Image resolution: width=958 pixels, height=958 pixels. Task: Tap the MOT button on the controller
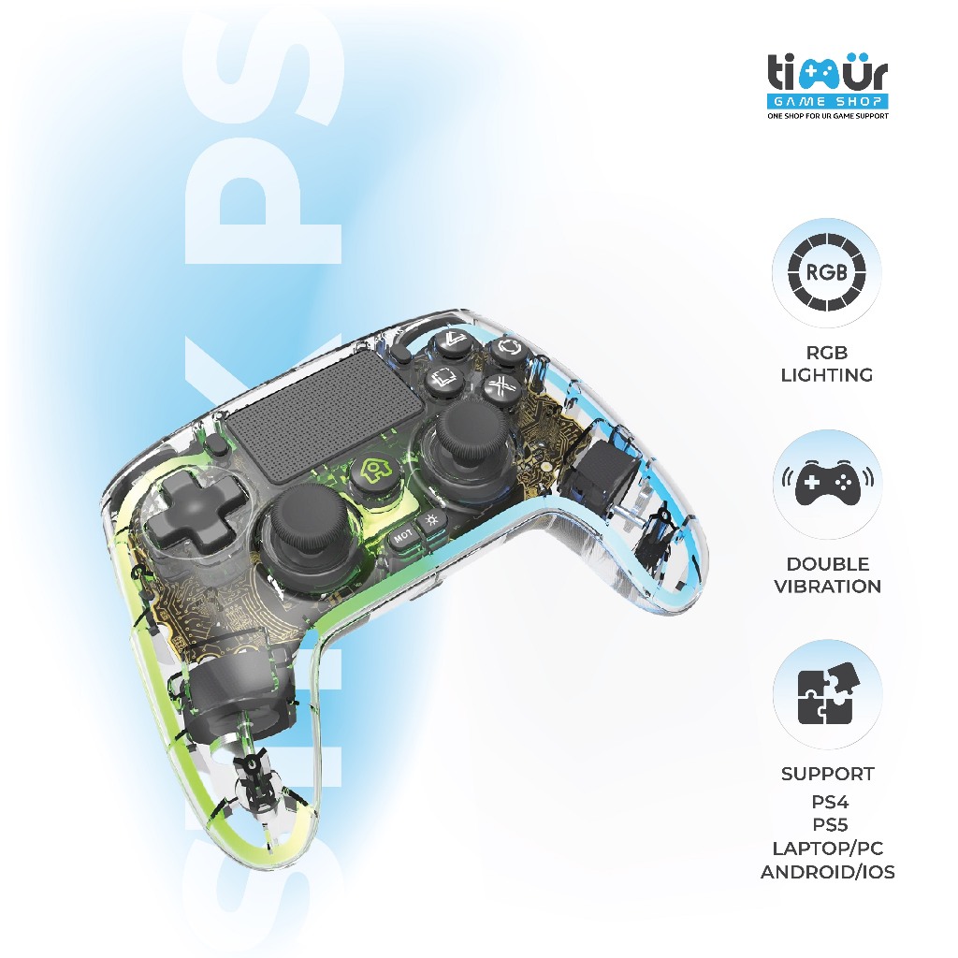click(403, 537)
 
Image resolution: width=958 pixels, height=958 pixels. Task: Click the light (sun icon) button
click(432, 520)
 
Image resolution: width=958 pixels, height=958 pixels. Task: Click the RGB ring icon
click(827, 273)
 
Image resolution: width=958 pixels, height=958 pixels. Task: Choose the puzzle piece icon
click(827, 694)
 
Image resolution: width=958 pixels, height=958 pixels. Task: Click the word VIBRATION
click(828, 587)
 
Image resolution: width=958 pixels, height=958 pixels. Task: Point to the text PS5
click(828, 826)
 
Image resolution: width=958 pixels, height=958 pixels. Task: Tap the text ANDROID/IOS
click(828, 873)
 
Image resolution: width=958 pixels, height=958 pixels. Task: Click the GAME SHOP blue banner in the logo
click(827, 100)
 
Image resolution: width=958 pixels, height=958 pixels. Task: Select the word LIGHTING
click(828, 375)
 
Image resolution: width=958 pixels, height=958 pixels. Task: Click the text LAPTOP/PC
click(828, 849)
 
